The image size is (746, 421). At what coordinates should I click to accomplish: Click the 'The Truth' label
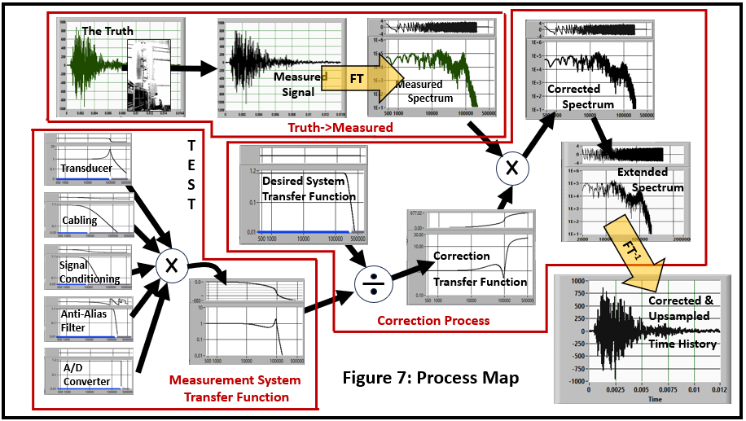click(108, 32)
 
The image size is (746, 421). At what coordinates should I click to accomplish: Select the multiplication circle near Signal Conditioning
click(172, 265)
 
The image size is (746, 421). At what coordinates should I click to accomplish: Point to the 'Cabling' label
click(79, 221)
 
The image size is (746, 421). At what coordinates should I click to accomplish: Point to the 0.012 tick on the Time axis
click(720, 392)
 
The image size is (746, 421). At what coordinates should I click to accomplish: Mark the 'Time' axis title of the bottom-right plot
click(654, 400)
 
